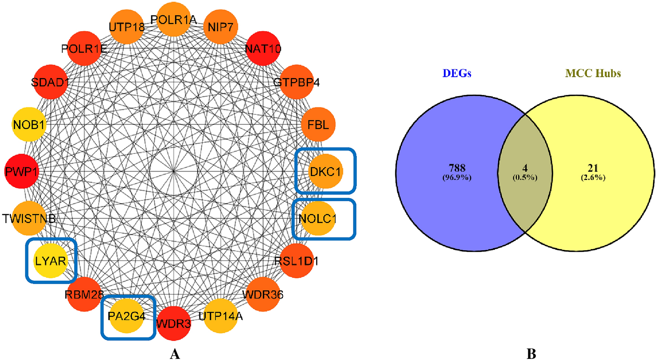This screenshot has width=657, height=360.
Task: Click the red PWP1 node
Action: [x=22, y=171]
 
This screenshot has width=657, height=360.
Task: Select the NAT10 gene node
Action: [x=263, y=49]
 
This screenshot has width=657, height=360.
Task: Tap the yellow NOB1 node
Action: [x=29, y=125]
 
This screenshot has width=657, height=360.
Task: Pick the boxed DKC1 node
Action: [x=326, y=171]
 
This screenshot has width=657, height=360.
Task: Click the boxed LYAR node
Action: [x=50, y=261]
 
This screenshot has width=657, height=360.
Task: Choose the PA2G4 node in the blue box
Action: [x=127, y=316]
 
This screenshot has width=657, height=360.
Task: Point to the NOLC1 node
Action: [x=317, y=219]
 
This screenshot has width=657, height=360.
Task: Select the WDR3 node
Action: [x=174, y=324]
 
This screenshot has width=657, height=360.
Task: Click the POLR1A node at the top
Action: [x=174, y=19]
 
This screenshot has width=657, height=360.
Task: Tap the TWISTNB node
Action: [x=29, y=219]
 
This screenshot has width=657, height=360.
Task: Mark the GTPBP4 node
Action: [x=296, y=82]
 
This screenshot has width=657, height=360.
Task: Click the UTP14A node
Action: [x=220, y=316]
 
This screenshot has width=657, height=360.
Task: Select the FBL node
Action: [x=318, y=125]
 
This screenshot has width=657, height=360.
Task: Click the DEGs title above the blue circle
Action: [x=457, y=73]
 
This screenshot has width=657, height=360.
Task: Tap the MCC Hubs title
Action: [x=593, y=73]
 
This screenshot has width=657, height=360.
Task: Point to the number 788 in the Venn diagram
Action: [x=457, y=168]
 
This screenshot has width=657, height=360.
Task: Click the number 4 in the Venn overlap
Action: [x=525, y=168]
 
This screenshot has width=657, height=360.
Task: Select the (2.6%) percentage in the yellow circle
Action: [x=593, y=177]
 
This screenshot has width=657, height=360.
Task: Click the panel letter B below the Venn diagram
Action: [x=531, y=354]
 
